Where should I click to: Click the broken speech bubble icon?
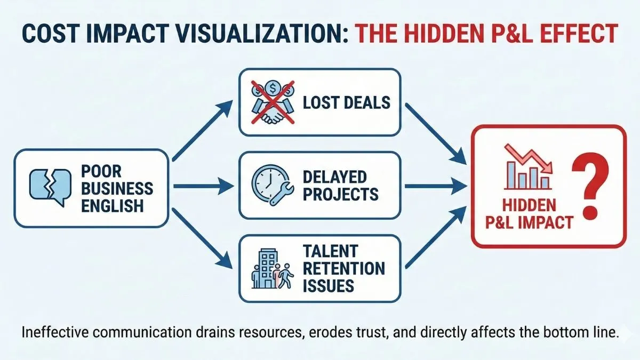(x=49, y=187)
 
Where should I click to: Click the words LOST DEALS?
(x=346, y=101)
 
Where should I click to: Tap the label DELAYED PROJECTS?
(x=340, y=185)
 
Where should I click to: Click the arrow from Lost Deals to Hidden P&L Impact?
(x=435, y=132)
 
